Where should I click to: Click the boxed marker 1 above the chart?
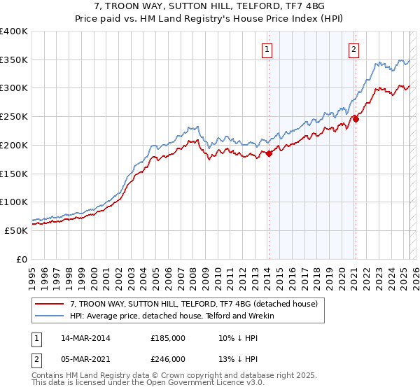pyautogui.click(x=268, y=49)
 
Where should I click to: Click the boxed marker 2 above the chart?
pyautogui.click(x=354, y=49)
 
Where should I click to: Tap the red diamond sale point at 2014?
pyautogui.click(x=269, y=153)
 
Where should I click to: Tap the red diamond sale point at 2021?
pyautogui.click(x=356, y=119)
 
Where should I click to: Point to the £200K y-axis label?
pyautogui.click(x=14, y=145)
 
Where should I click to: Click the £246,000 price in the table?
pyautogui.click(x=168, y=358)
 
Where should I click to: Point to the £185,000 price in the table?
pyautogui.click(x=168, y=338)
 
